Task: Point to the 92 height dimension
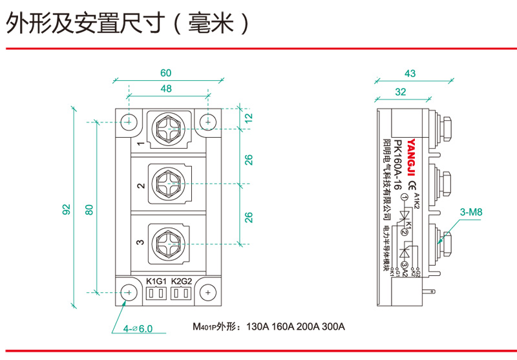(66, 209)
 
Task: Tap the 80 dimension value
(89, 209)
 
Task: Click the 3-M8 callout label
(471, 211)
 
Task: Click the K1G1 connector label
(156, 281)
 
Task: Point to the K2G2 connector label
(182, 281)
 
